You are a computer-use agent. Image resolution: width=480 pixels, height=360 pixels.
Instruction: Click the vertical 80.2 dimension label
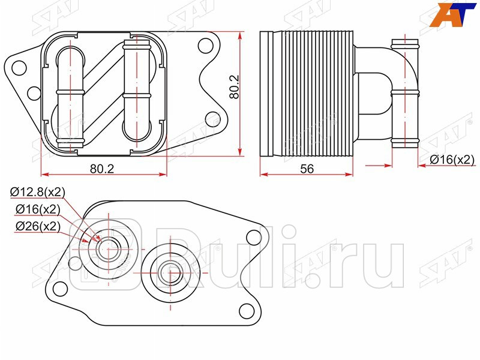235,86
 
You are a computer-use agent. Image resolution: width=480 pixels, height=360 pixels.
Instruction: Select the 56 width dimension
307,169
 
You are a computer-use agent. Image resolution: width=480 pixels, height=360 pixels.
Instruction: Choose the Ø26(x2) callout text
37,226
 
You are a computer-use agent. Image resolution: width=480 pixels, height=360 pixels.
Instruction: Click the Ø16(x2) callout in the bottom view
37,209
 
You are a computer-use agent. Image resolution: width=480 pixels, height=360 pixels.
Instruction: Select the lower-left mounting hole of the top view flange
34,92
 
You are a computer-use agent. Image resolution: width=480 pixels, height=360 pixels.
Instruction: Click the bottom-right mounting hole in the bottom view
244,311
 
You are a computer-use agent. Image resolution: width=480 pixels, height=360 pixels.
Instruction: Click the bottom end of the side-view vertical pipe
404,143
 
